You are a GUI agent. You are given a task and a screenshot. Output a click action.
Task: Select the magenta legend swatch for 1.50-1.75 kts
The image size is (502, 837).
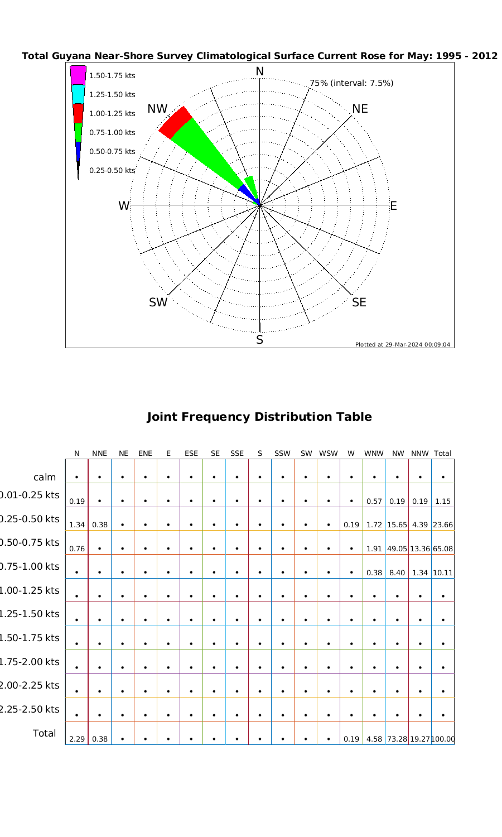click(x=78, y=75)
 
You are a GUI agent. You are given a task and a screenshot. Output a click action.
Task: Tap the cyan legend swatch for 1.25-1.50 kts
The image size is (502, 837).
click(x=78, y=94)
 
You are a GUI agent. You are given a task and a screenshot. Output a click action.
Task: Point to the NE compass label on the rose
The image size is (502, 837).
click(x=360, y=109)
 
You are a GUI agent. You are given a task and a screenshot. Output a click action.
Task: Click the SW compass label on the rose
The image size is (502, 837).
click(x=158, y=302)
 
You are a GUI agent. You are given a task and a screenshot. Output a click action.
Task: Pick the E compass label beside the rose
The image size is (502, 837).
click(x=393, y=206)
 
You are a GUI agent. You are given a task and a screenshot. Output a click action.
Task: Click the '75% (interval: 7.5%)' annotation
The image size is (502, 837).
click(x=351, y=83)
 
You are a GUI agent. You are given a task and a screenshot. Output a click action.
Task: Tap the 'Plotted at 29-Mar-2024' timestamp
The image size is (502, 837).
click(x=403, y=344)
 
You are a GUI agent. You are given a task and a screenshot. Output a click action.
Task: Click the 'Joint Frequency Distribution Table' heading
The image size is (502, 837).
click(x=259, y=417)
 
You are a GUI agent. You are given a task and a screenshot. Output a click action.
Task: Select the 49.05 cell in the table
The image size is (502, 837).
click(x=397, y=549)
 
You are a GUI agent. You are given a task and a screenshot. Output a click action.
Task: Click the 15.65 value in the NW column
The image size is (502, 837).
click(x=397, y=525)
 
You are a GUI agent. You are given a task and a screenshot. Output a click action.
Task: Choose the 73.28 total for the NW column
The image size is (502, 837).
click(x=397, y=739)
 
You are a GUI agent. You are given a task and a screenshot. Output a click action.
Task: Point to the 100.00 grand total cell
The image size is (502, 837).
click(x=443, y=739)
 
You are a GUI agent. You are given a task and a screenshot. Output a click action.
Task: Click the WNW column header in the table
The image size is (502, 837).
click(x=374, y=454)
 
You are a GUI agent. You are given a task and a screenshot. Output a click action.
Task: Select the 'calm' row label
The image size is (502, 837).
click(x=45, y=477)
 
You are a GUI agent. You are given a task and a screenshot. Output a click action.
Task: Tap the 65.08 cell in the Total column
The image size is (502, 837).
click(x=443, y=549)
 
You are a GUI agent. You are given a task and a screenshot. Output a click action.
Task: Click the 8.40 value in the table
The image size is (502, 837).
click(x=397, y=573)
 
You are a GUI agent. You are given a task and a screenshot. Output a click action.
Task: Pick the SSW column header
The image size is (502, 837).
click(x=283, y=454)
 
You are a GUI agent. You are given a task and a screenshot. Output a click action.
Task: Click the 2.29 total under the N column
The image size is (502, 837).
click(x=76, y=739)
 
